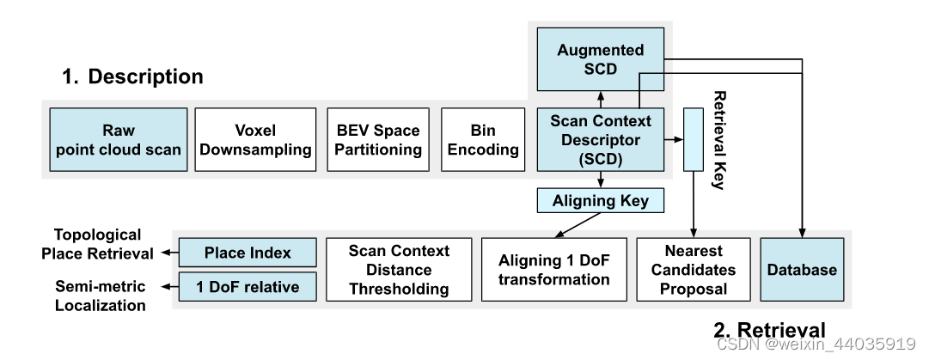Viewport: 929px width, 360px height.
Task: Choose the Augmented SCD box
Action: (601, 59)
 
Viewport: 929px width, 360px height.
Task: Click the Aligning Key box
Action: (601, 201)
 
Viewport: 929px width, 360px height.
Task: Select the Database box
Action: (802, 269)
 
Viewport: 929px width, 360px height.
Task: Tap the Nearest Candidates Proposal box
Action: (693, 269)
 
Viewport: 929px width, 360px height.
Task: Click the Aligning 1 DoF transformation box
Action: (553, 269)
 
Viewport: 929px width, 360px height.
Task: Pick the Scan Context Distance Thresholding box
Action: (399, 269)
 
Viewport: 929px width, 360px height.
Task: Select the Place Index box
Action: (248, 253)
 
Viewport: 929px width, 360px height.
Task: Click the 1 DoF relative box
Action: (248, 286)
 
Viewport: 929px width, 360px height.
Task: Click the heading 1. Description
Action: (132, 76)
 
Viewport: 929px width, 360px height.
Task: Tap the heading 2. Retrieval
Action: (769, 330)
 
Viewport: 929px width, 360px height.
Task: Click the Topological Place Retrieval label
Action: (98, 244)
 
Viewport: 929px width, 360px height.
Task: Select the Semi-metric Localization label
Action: (101, 296)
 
